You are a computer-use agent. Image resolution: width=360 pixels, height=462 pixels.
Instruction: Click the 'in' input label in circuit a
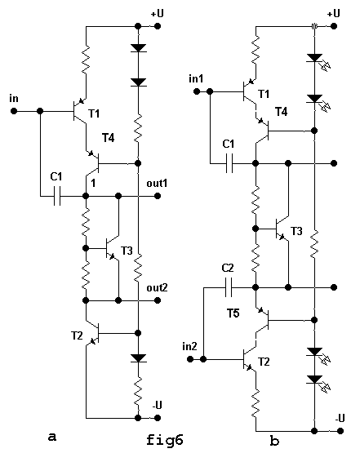pyautogui.click(x=14, y=99)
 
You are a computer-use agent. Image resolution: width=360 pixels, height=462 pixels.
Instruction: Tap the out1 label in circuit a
pyautogui.click(x=157, y=184)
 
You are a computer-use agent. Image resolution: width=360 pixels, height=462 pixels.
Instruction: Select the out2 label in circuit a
pyautogui.click(x=157, y=287)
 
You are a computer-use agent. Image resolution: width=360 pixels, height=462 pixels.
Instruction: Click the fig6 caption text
pyautogui.click(x=165, y=440)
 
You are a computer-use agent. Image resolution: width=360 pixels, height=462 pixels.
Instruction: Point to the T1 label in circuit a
pyautogui.click(x=94, y=113)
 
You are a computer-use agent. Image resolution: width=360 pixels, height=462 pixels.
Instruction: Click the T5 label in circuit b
pyautogui.click(x=233, y=313)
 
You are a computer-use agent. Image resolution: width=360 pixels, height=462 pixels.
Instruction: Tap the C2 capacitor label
pyautogui.click(x=228, y=268)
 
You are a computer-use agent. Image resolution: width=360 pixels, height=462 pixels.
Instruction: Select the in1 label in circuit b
pyautogui.click(x=196, y=79)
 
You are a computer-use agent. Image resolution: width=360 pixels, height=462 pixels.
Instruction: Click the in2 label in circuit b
pyautogui.click(x=189, y=346)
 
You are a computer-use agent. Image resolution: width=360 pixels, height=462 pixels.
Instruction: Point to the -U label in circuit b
pyautogui.click(x=340, y=418)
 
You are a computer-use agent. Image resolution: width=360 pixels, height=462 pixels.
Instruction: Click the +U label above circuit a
pyautogui.click(x=158, y=14)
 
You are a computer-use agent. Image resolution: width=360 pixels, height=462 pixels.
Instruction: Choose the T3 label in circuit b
pyautogui.click(x=296, y=231)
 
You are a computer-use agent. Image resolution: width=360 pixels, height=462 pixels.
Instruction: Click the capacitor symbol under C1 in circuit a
pyautogui.click(x=57, y=196)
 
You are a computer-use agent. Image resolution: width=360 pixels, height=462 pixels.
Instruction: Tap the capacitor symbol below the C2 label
pyautogui.click(x=229, y=287)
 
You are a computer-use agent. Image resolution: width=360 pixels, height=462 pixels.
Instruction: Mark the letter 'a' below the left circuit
pyautogui.click(x=52, y=437)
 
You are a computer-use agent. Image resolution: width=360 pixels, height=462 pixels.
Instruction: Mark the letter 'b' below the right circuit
pyautogui.click(x=274, y=441)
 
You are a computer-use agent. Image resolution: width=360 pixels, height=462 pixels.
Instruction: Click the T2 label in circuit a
pyautogui.click(x=77, y=335)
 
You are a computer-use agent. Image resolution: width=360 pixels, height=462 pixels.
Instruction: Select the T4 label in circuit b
pyautogui.click(x=281, y=112)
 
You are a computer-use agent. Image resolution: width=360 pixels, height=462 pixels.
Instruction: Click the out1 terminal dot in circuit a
pyautogui.click(x=158, y=196)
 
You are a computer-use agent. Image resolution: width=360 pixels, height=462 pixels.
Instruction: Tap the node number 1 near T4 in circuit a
pyautogui.click(x=93, y=184)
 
